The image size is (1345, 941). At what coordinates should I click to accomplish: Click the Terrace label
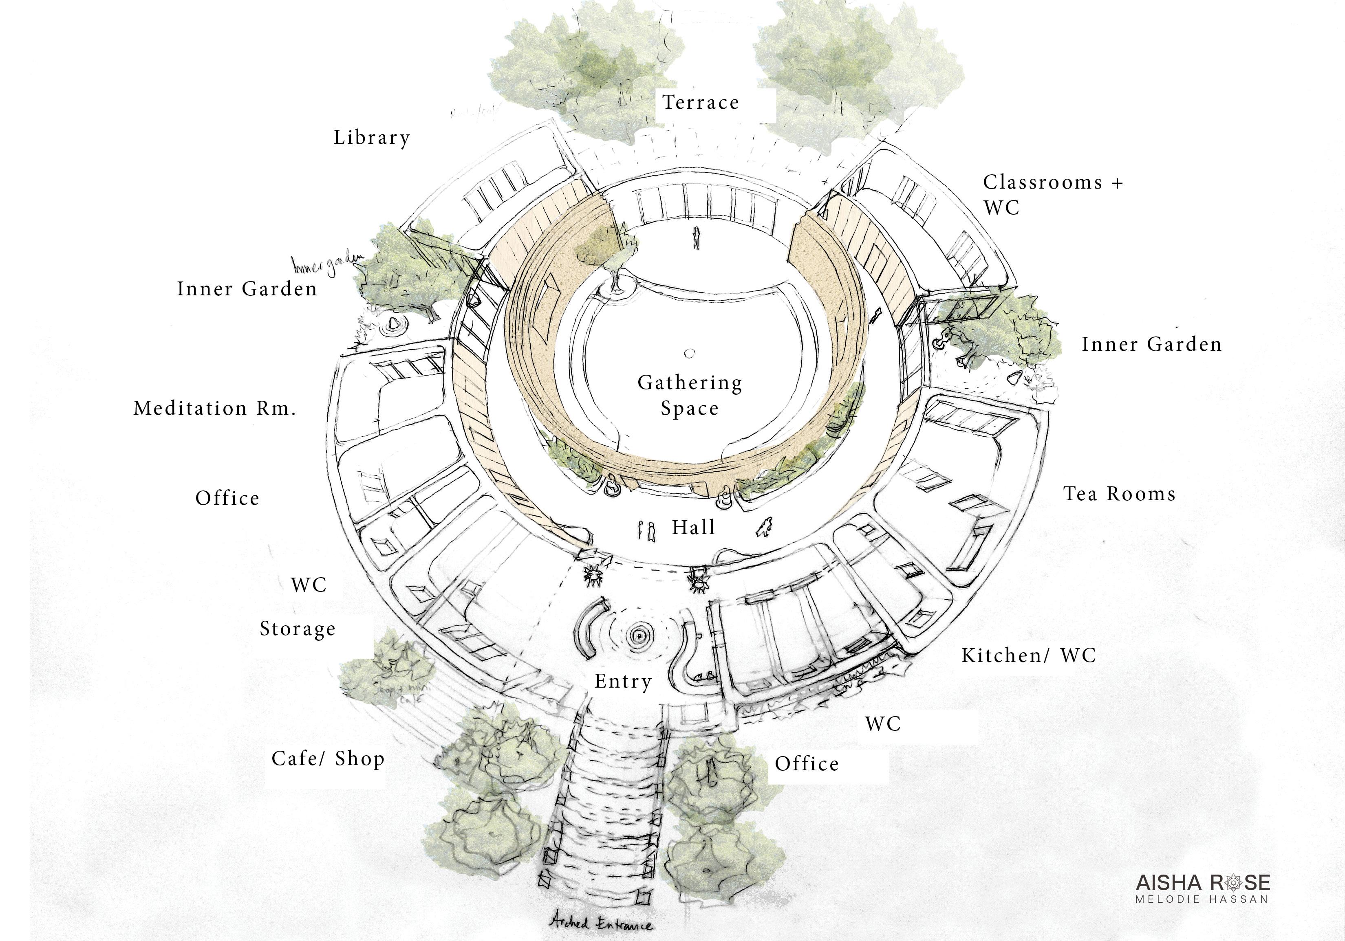pos(701,103)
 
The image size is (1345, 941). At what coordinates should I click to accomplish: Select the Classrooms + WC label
pos(1052,194)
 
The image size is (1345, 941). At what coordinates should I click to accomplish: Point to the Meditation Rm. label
pos(214,408)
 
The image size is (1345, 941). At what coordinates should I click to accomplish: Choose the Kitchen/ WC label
pos(1028,655)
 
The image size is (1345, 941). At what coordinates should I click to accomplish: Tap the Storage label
pos(298,629)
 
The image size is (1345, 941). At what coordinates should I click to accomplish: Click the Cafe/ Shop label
pos(328,759)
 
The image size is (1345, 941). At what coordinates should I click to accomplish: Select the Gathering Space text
pos(690,395)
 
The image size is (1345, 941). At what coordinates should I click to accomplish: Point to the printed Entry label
pos(623,681)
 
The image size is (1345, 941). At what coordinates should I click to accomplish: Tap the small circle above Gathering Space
pos(690,353)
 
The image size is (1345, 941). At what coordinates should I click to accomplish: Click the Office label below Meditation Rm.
pos(227,498)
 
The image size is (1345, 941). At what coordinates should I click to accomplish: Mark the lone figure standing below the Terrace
pos(696,238)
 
